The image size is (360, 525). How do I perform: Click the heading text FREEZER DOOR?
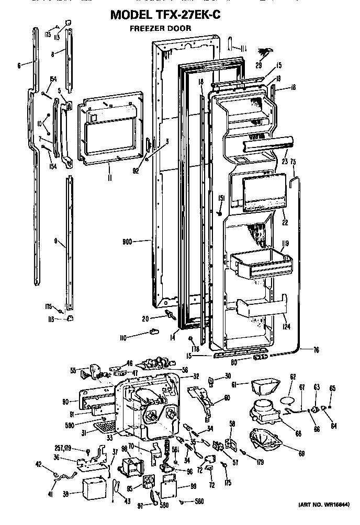[160, 28]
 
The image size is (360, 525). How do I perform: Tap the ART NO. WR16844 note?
[324, 519]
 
